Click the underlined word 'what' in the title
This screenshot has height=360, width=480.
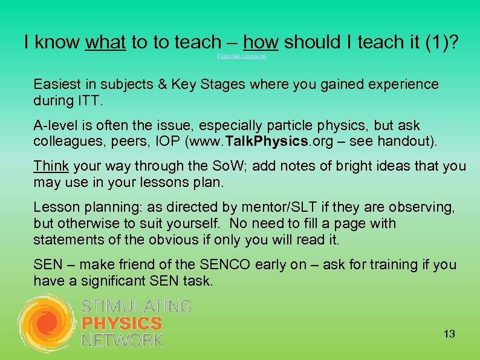pyautogui.click(x=106, y=42)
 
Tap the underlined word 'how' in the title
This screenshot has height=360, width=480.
pyautogui.click(x=261, y=42)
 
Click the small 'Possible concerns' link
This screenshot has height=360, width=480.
pyautogui.click(x=241, y=56)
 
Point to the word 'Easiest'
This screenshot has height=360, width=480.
pyautogui.click(x=57, y=84)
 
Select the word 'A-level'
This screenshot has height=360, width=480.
pyautogui.click(x=55, y=126)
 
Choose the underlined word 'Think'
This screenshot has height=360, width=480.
pyautogui.click(x=51, y=166)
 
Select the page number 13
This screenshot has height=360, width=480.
pyautogui.click(x=449, y=334)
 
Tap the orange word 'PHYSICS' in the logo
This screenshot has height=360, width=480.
pyautogui.click(x=122, y=324)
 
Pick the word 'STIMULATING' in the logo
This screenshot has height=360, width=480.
pyautogui.click(x=136, y=306)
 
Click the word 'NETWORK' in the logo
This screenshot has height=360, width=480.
pyautogui.click(x=123, y=341)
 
